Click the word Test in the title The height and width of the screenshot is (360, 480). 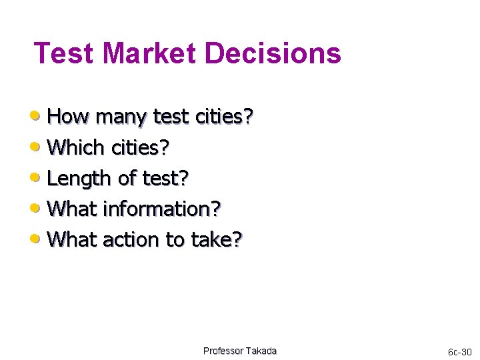[63, 53]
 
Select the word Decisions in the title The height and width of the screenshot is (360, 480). [276, 53]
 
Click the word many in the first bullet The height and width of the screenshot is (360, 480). [121, 117]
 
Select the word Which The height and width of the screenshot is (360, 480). [78, 147]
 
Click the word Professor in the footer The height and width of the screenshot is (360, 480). [223, 351]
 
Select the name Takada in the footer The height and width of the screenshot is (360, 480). [261, 351]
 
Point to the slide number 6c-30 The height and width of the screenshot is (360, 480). [459, 351]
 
